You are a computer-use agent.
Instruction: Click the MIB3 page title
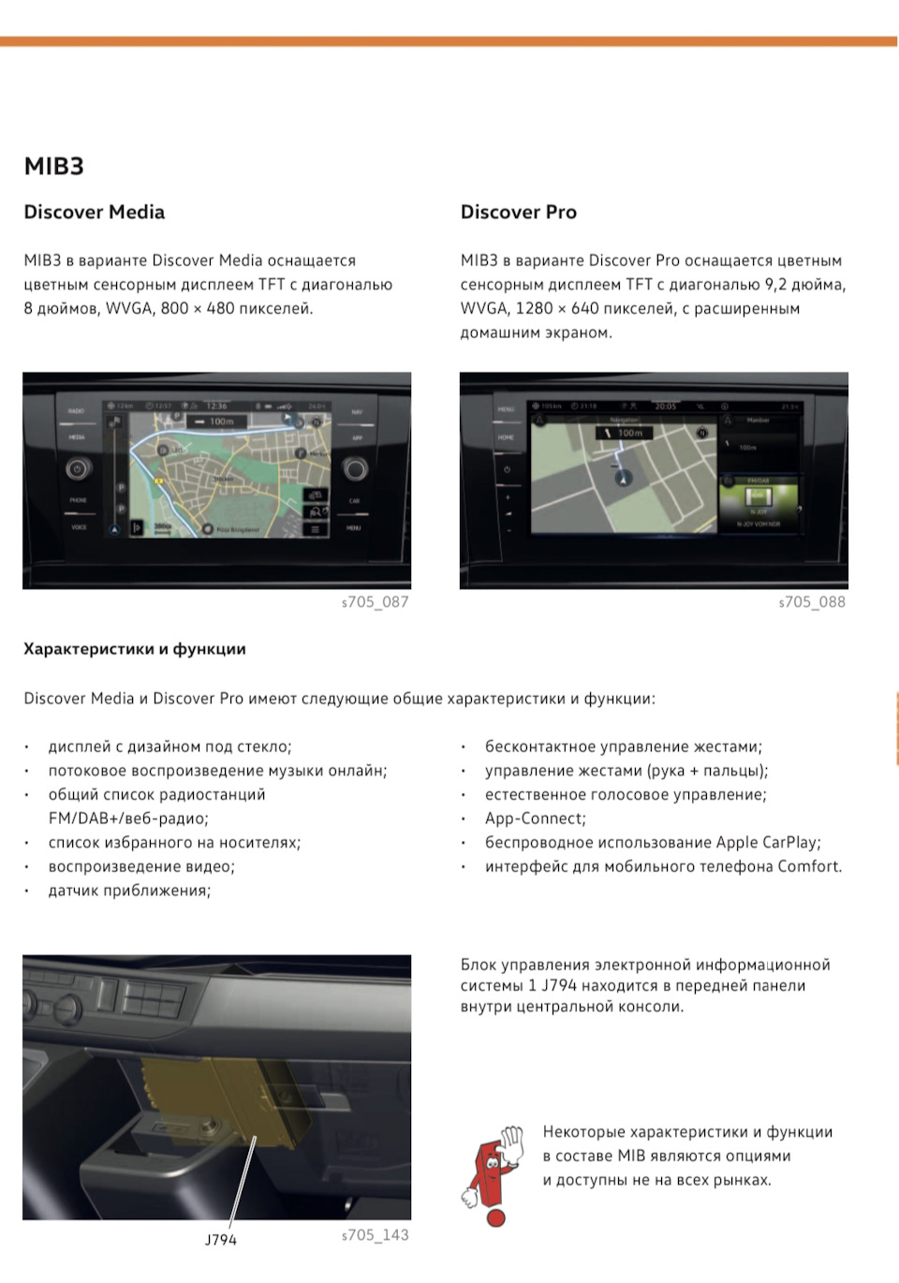pyautogui.click(x=53, y=167)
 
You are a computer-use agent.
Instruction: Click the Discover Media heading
pyautogui.click(x=94, y=213)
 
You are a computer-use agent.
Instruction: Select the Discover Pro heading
pyautogui.click(x=518, y=213)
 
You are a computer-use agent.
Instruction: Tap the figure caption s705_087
pyautogui.click(x=375, y=602)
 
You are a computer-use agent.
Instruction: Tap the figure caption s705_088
pyautogui.click(x=812, y=602)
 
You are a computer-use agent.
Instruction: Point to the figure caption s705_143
pyautogui.click(x=375, y=1235)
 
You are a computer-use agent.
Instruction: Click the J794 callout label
pyautogui.click(x=221, y=1240)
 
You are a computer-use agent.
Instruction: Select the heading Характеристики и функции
pyautogui.click(x=135, y=649)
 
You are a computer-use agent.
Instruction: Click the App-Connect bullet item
pyautogui.click(x=535, y=818)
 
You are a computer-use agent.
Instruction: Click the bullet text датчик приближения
pyautogui.click(x=129, y=891)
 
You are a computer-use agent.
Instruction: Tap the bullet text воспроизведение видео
pyautogui.click(x=141, y=866)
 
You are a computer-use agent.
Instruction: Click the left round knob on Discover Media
pyautogui.click(x=78, y=469)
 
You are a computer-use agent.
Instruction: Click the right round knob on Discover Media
pyautogui.click(x=355, y=468)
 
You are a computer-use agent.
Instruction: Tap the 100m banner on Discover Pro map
pyautogui.click(x=624, y=433)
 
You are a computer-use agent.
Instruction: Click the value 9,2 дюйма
pyautogui.click(x=804, y=285)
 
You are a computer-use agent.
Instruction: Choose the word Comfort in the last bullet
pyautogui.click(x=809, y=867)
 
